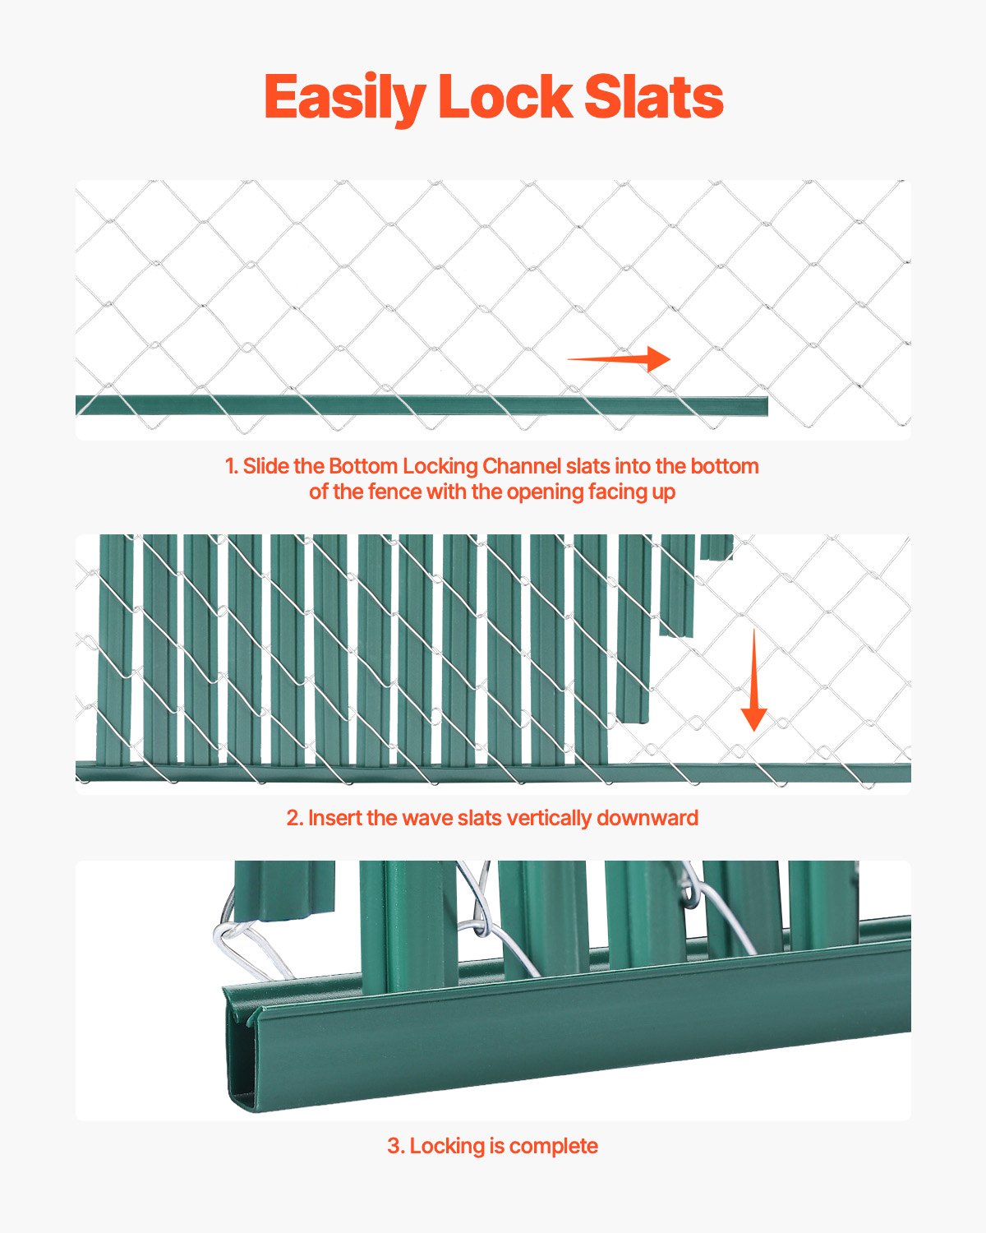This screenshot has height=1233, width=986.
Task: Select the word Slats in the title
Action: (x=653, y=98)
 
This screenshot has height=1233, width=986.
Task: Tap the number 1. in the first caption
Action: (x=232, y=466)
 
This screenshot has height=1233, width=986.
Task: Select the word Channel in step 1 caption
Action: (x=522, y=466)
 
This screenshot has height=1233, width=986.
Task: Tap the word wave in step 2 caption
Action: (x=430, y=818)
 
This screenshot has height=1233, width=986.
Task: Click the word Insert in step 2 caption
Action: (x=334, y=818)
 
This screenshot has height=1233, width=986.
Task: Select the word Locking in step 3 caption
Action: (x=447, y=1146)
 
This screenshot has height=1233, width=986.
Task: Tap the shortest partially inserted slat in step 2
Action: (x=716, y=547)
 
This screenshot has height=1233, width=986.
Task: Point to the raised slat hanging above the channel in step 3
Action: (x=283, y=888)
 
